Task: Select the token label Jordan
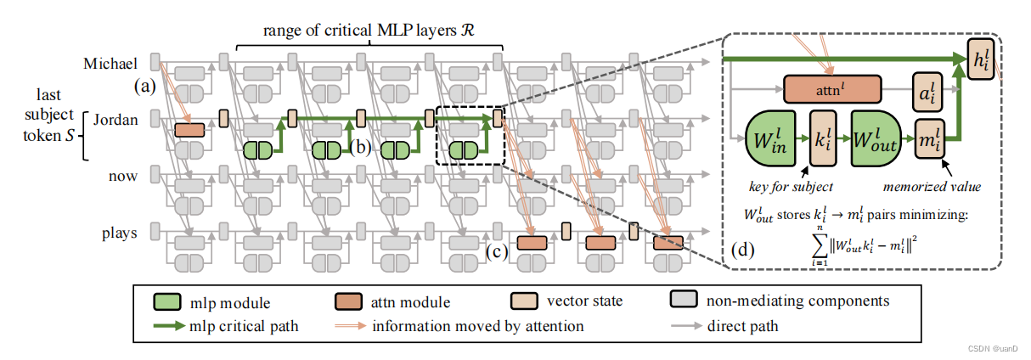(x=115, y=120)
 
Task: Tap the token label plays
(x=119, y=233)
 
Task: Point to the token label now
(x=122, y=176)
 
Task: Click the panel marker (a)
(x=145, y=87)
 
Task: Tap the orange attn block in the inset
(x=833, y=87)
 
